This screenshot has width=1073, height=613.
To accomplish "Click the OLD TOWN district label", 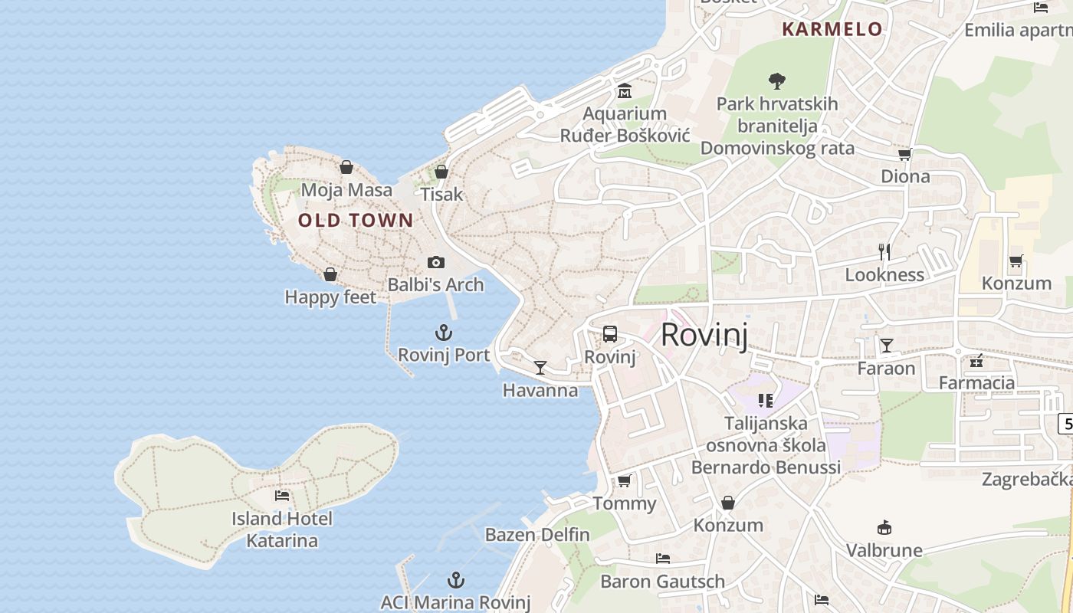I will (356, 221).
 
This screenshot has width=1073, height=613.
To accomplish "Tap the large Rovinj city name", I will (704, 335).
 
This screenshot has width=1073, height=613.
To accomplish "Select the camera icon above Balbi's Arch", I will (436, 263).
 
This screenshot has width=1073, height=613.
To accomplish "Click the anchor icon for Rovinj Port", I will (444, 333).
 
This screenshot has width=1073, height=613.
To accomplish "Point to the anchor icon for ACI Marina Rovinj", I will (456, 580).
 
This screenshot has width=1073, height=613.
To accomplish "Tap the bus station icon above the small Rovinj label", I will (610, 334).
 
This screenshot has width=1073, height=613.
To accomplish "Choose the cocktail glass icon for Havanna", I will (540, 368).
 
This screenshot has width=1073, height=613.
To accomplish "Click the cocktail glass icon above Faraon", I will (887, 346).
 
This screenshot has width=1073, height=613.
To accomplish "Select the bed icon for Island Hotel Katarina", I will (282, 496).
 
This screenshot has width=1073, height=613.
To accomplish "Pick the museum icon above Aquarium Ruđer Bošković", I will (625, 92).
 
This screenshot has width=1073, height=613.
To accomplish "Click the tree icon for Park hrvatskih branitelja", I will (777, 80).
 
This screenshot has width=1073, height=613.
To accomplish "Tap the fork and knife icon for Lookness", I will (884, 251).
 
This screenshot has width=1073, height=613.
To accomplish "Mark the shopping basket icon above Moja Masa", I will (346, 167).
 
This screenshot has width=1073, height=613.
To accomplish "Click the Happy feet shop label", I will (330, 297).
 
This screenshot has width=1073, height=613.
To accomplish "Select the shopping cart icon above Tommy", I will (625, 480).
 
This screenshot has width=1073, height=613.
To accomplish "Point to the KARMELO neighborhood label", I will (832, 30).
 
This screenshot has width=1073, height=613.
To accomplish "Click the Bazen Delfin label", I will (537, 535).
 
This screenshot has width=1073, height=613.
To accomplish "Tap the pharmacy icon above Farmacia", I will (976, 360).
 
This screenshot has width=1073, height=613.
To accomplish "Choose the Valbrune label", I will (884, 550).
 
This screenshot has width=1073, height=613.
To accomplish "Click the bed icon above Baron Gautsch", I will (663, 559).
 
